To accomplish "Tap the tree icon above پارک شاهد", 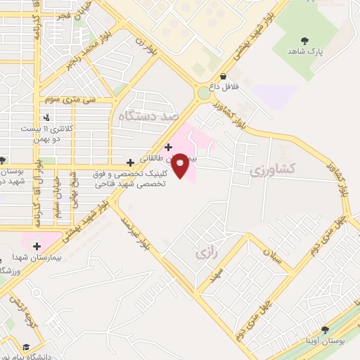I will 304,41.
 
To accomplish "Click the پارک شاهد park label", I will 304,52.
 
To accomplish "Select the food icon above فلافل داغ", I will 223,77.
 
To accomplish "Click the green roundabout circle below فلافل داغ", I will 204,92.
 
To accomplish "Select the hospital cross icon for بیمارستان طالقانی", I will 168,147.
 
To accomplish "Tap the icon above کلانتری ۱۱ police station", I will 46,117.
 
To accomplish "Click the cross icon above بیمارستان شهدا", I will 37,246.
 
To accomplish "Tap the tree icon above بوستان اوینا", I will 324,329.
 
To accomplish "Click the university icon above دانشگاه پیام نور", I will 27,347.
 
